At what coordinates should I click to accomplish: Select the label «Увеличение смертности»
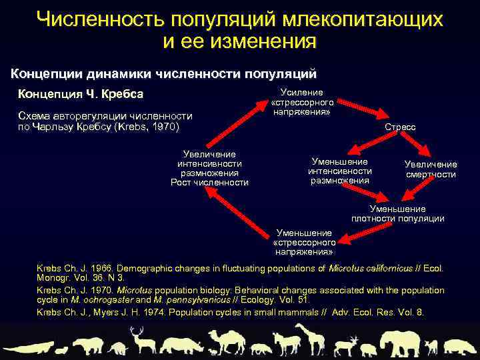click(x=431, y=169)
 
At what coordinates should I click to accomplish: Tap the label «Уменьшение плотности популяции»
click(x=397, y=214)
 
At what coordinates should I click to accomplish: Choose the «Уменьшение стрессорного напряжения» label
click(x=303, y=243)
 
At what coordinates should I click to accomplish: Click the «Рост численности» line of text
click(x=209, y=183)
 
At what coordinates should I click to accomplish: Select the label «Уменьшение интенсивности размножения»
click(x=339, y=171)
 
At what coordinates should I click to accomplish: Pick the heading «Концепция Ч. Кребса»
click(x=79, y=93)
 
